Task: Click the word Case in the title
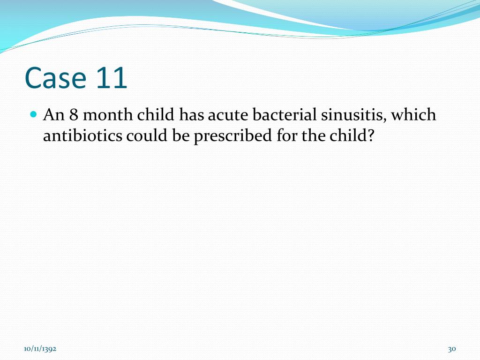tap(55, 78)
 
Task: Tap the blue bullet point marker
tap(33, 114)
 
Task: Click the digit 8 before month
tap(73, 115)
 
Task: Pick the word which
tap(414, 115)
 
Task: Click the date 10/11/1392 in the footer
tap(41, 349)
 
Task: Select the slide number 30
tap(452, 349)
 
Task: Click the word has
tap(190, 115)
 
